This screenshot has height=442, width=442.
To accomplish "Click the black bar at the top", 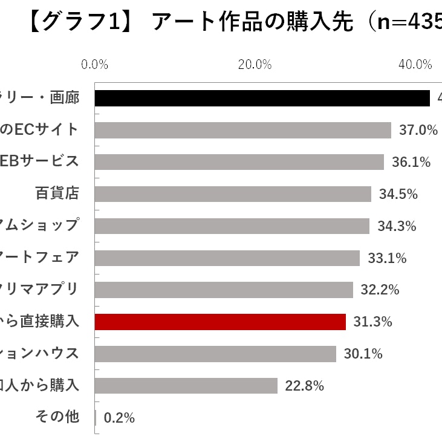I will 262,98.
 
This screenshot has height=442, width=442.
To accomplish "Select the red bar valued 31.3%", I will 220,322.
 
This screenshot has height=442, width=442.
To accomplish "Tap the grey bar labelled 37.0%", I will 242,130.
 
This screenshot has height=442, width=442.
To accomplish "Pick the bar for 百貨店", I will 233,194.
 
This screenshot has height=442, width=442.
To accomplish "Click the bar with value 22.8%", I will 186,386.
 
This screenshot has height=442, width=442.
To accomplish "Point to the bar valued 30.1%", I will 215,354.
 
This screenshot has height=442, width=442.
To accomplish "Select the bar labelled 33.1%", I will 227,258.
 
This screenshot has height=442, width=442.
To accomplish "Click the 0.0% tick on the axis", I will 94,65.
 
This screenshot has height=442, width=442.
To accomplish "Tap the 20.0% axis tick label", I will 254,65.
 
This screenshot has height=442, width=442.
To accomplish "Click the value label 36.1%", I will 411,162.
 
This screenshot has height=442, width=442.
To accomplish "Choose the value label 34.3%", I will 397,226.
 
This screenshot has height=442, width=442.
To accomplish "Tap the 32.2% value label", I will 380,290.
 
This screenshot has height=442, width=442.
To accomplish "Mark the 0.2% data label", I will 119,418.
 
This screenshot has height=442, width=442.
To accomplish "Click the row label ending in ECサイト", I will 39,129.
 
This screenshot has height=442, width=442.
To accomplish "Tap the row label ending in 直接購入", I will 39,321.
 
